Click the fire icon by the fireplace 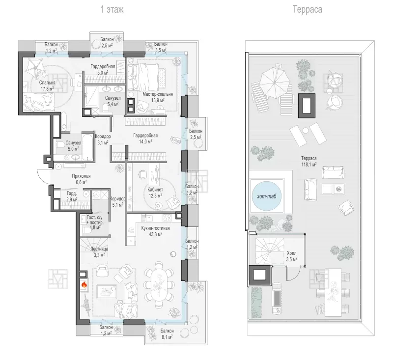point(84,284)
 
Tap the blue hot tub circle point(266,195)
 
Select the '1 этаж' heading point(112,9)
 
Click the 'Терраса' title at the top point(308,9)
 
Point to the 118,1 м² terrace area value point(309,165)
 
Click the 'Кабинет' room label point(155,190)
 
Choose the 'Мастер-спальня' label point(158,94)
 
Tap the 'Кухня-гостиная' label point(155,228)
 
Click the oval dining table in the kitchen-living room point(159,284)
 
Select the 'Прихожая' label point(81,176)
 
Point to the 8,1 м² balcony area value point(167,337)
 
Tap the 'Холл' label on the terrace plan point(291,253)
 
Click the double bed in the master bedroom point(143,77)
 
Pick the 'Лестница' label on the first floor point(99,249)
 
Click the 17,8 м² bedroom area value point(47,89)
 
